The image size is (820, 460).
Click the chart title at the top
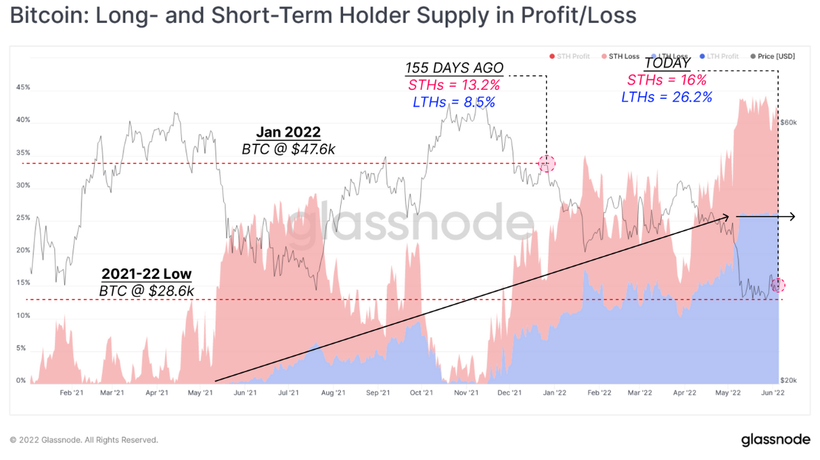tap(323, 16)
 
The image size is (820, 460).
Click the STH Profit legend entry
tap(570, 56)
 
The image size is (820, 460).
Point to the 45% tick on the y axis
tap(23, 88)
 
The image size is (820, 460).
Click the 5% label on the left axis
tap(22, 348)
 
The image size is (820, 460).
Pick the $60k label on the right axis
tap(788, 123)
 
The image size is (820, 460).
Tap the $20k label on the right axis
tap(788, 381)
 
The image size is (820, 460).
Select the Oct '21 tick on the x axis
tap(421, 393)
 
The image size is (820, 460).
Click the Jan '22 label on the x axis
tap(554, 393)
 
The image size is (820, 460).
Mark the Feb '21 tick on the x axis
tap(72, 393)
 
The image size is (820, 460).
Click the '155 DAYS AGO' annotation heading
tap(454, 68)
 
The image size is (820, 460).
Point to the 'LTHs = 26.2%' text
tap(667, 98)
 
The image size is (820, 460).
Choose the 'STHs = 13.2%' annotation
tap(454, 85)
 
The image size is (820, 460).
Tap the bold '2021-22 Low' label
tap(146, 274)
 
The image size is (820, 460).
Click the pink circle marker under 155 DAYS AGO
tap(547, 164)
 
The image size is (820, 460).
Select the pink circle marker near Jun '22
tap(778, 285)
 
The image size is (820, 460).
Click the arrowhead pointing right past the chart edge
tap(791, 217)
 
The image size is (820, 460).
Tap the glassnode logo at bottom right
tap(775, 440)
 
